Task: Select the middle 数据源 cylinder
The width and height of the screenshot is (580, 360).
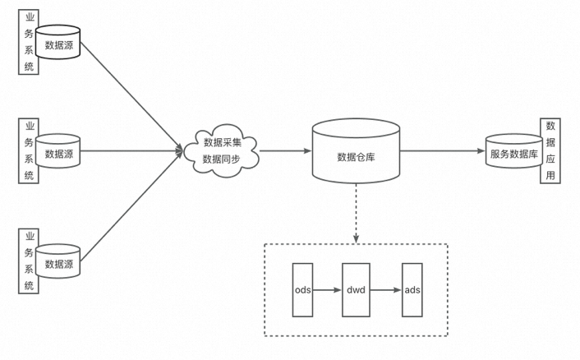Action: click(x=59, y=152)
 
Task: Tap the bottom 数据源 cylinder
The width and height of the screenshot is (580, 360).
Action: click(x=59, y=262)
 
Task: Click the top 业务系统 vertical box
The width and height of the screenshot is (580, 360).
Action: click(x=29, y=42)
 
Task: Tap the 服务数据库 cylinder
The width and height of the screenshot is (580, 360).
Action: click(x=513, y=152)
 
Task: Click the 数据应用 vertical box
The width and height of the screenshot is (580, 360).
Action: click(x=550, y=152)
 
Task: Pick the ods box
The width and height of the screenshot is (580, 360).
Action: click(x=302, y=290)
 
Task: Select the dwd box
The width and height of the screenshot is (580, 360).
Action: click(x=356, y=290)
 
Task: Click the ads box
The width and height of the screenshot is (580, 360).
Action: click(x=412, y=290)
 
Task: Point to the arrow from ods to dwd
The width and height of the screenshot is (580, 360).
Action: click(x=327, y=290)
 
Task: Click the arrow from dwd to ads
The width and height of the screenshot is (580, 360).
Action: click(x=384, y=290)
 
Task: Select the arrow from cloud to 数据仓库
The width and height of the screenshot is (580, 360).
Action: click(x=284, y=151)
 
